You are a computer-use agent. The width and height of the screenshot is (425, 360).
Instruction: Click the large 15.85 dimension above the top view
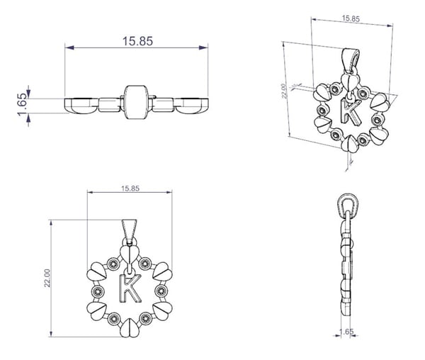(x=137, y=41)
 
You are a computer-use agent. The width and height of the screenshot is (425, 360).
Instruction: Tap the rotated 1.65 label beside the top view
(x=23, y=105)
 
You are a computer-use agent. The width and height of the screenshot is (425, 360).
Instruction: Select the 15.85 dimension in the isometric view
(x=351, y=18)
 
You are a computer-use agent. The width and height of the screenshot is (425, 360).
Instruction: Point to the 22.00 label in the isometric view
(x=283, y=91)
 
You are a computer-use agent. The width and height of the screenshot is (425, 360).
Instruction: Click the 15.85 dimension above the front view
(x=130, y=189)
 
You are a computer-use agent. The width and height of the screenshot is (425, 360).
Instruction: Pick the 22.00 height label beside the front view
(x=47, y=278)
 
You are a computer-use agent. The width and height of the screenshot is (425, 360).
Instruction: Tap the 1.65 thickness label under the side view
(x=346, y=332)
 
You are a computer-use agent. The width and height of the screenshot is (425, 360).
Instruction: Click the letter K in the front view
(x=130, y=288)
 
